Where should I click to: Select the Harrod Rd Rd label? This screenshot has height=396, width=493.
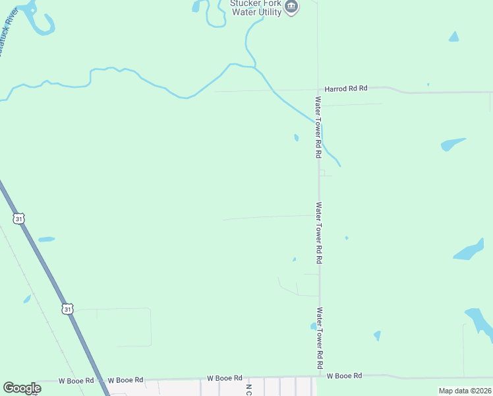tap(345, 88)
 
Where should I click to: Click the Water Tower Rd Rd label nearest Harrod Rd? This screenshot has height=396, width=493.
tap(318, 127)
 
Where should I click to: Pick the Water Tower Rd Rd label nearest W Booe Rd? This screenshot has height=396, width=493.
tap(320, 338)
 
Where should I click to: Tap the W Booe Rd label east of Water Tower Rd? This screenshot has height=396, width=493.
tap(344, 376)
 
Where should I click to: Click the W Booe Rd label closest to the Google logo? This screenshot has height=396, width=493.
tap(76, 381)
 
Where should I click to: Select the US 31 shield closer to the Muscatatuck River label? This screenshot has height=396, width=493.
tap(19, 218)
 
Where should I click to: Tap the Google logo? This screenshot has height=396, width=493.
tap(22, 388)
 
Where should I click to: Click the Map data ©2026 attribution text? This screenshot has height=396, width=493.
tap(465, 391)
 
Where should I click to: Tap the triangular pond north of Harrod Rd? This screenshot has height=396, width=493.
tap(453, 37)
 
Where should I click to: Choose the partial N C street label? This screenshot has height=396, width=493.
tap(248, 389)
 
